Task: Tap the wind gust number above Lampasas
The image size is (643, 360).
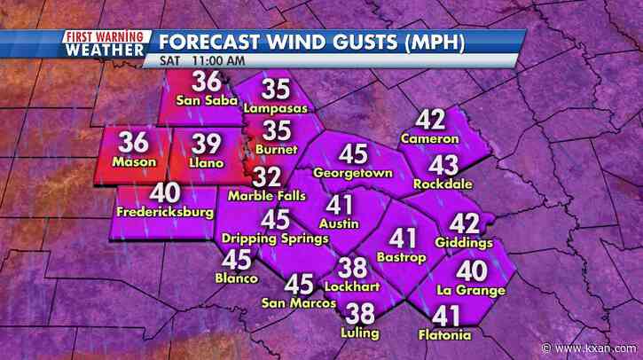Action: tap(276, 90)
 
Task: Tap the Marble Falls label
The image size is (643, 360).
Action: tap(266, 195)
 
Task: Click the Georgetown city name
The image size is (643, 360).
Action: tap(352, 173)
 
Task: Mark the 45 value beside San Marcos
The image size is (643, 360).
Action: tap(298, 284)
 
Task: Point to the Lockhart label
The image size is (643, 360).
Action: tap(355, 288)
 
